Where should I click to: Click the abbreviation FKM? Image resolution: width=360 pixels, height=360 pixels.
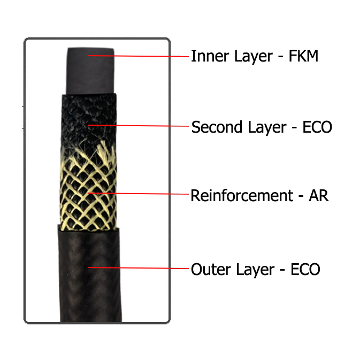pyautogui.click(x=303, y=56)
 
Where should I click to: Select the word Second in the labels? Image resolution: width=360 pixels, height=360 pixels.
pyautogui.click(x=217, y=127)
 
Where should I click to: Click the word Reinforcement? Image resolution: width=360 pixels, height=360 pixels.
pyautogui.click(x=242, y=196)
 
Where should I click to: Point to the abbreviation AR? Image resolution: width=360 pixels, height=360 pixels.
pyautogui.click(x=319, y=196)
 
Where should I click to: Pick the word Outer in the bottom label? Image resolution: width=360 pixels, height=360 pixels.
pyautogui.click(x=211, y=269)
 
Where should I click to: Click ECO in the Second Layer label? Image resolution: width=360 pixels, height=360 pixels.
pyautogui.click(x=317, y=127)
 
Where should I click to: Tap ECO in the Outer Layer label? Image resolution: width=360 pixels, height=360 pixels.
pyautogui.click(x=305, y=269)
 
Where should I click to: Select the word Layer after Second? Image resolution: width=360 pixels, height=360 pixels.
pyautogui.click(x=267, y=128)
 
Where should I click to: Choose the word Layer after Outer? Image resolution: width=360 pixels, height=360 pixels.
pyautogui.click(x=255, y=270)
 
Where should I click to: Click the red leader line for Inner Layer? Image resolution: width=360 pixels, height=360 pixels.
pyautogui.click(x=138, y=56)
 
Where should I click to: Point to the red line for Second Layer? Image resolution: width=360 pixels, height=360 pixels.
pyautogui.click(x=138, y=126)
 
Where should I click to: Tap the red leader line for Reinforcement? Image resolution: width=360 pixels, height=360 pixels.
pyautogui.click(x=138, y=194)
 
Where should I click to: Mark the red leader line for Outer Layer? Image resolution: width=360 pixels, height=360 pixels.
pyautogui.click(x=138, y=267)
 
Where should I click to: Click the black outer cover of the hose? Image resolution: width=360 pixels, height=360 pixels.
pyautogui.click(x=89, y=275)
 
